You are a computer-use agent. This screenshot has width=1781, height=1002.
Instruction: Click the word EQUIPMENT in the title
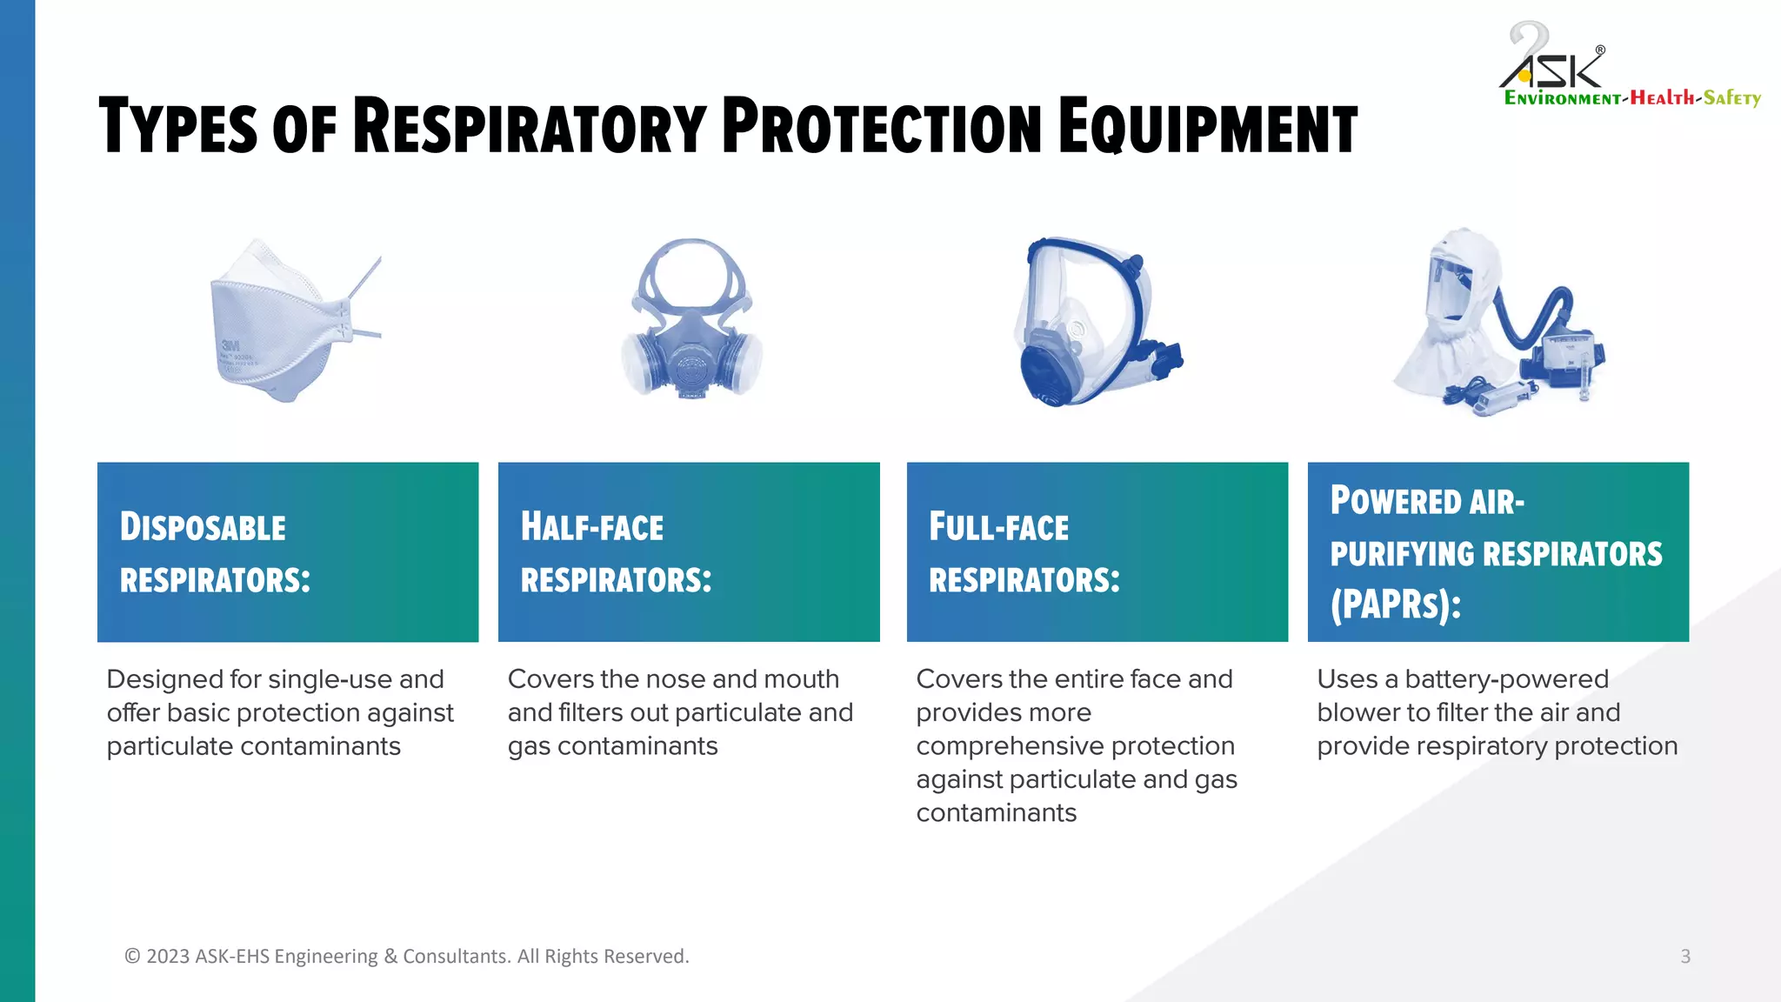tap(1207, 128)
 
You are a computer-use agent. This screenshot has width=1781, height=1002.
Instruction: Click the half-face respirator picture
tap(691, 322)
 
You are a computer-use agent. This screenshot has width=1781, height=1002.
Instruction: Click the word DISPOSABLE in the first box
tap(203, 528)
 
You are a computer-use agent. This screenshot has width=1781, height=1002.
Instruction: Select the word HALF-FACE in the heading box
tap(591, 528)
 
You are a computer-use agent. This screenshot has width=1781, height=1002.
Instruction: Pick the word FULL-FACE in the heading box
tap(998, 528)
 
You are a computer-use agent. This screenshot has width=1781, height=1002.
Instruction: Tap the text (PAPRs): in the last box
tap(1395, 605)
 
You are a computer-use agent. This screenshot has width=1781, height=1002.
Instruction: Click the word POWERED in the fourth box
tap(1395, 502)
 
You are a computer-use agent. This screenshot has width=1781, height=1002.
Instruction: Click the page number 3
tap(1684, 956)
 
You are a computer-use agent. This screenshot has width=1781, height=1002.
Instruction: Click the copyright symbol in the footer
tap(132, 956)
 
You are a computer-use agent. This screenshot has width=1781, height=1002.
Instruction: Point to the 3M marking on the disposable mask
tap(230, 346)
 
